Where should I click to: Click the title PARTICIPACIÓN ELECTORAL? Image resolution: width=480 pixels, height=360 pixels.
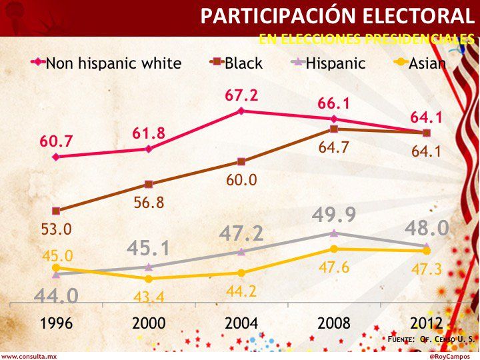[x=338, y=16]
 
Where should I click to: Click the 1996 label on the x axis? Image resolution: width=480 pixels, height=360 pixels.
[x=56, y=323]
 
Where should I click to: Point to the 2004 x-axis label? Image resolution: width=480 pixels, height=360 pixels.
[x=241, y=323]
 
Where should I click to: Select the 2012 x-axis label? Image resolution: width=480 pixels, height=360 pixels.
[x=427, y=323]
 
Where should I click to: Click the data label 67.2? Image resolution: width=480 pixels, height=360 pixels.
[x=241, y=95]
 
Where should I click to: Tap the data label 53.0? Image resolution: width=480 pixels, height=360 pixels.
[x=56, y=229]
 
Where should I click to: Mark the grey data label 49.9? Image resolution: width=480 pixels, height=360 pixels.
[x=334, y=215]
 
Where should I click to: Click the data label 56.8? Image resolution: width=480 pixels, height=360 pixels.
[x=149, y=203]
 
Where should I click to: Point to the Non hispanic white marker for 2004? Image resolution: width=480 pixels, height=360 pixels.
[x=241, y=111]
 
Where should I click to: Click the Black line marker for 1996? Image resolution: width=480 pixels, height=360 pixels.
[x=56, y=211]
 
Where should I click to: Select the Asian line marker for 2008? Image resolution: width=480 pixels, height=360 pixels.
[x=334, y=249]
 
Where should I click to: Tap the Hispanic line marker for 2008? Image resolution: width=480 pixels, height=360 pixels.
[x=334, y=233]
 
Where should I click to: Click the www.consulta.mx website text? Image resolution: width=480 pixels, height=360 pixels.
[x=29, y=356]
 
